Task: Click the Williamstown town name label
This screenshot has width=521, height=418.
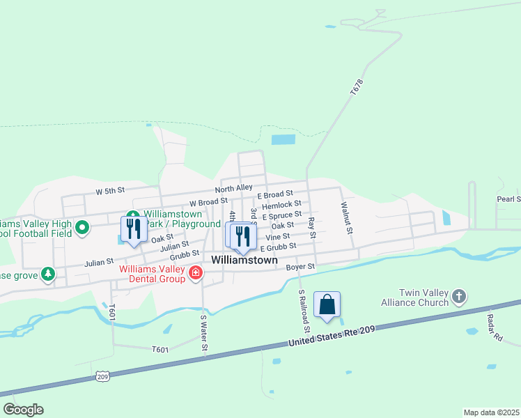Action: tap(244, 260)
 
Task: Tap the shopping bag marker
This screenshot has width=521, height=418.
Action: tap(327, 304)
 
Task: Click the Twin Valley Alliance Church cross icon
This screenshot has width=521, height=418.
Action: tap(458, 297)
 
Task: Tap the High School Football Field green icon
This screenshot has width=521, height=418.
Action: tap(81, 227)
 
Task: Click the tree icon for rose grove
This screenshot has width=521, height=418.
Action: tap(47, 275)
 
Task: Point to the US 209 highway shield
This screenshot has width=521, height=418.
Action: tap(102, 376)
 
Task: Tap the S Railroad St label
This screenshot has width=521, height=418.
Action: tap(303, 311)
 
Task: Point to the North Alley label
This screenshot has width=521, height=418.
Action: tap(233, 188)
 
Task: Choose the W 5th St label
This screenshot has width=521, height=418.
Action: tap(110, 190)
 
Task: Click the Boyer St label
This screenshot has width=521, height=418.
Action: tap(301, 266)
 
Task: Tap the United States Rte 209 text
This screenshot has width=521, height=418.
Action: tap(332, 336)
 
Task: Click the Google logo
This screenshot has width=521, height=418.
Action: tap(23, 410)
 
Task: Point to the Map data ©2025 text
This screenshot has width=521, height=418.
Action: tap(491, 412)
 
